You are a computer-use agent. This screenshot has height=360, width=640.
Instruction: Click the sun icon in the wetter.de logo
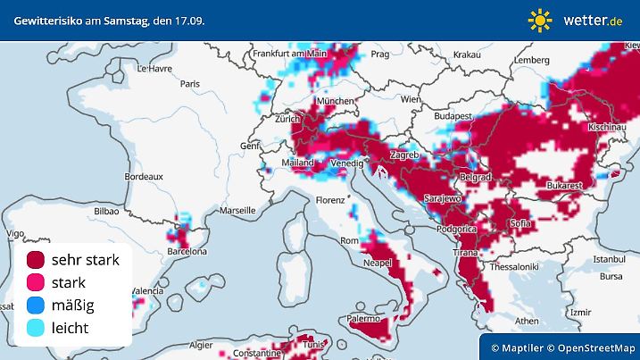point(540,19)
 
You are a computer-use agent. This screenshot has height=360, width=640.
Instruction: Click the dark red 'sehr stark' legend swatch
point(36,261)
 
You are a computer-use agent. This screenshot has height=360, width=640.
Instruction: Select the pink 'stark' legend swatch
point(36,283)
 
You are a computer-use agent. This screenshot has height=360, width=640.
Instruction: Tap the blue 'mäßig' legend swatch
point(36,306)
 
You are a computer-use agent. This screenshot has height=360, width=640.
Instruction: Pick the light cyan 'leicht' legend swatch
point(36,328)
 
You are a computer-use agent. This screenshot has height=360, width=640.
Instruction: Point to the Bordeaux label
point(144,177)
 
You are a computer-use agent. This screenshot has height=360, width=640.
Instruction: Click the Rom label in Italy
point(349,240)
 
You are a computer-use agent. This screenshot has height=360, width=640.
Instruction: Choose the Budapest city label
point(453,116)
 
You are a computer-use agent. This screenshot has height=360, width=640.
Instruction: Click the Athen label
point(527,320)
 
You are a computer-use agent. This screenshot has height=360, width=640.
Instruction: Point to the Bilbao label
point(105,212)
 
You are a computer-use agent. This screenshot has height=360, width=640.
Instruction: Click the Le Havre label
point(154,68)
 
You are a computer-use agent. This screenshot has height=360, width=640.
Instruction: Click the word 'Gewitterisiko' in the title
point(45,19)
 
